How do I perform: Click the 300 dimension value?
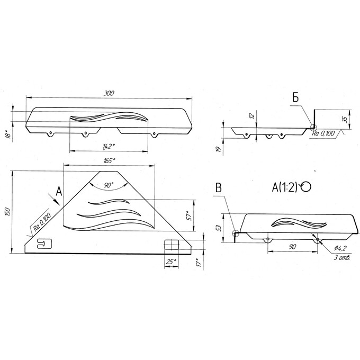pyautogui.click(x=109, y=94)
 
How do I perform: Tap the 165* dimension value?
pyautogui.click(x=109, y=160)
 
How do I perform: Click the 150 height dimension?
pyautogui.click(x=7, y=212)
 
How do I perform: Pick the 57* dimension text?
pyautogui.click(x=189, y=215)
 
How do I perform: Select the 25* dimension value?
pyautogui.click(x=171, y=262)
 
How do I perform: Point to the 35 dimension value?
pyautogui.click(x=345, y=120)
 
